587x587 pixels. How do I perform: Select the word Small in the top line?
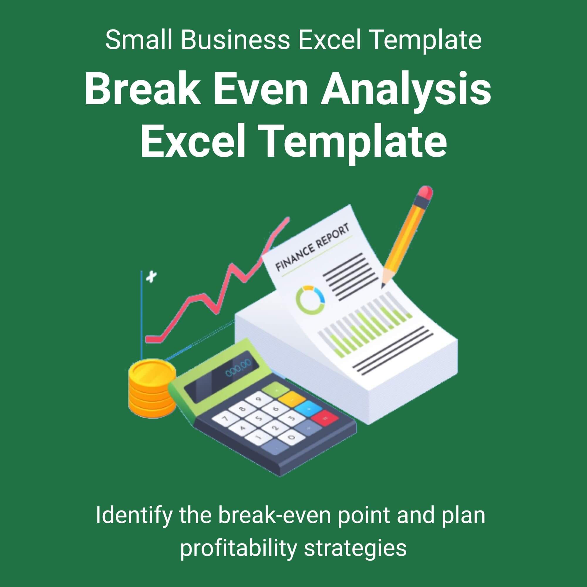click(139, 40)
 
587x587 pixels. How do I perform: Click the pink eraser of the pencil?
click(425, 192)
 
